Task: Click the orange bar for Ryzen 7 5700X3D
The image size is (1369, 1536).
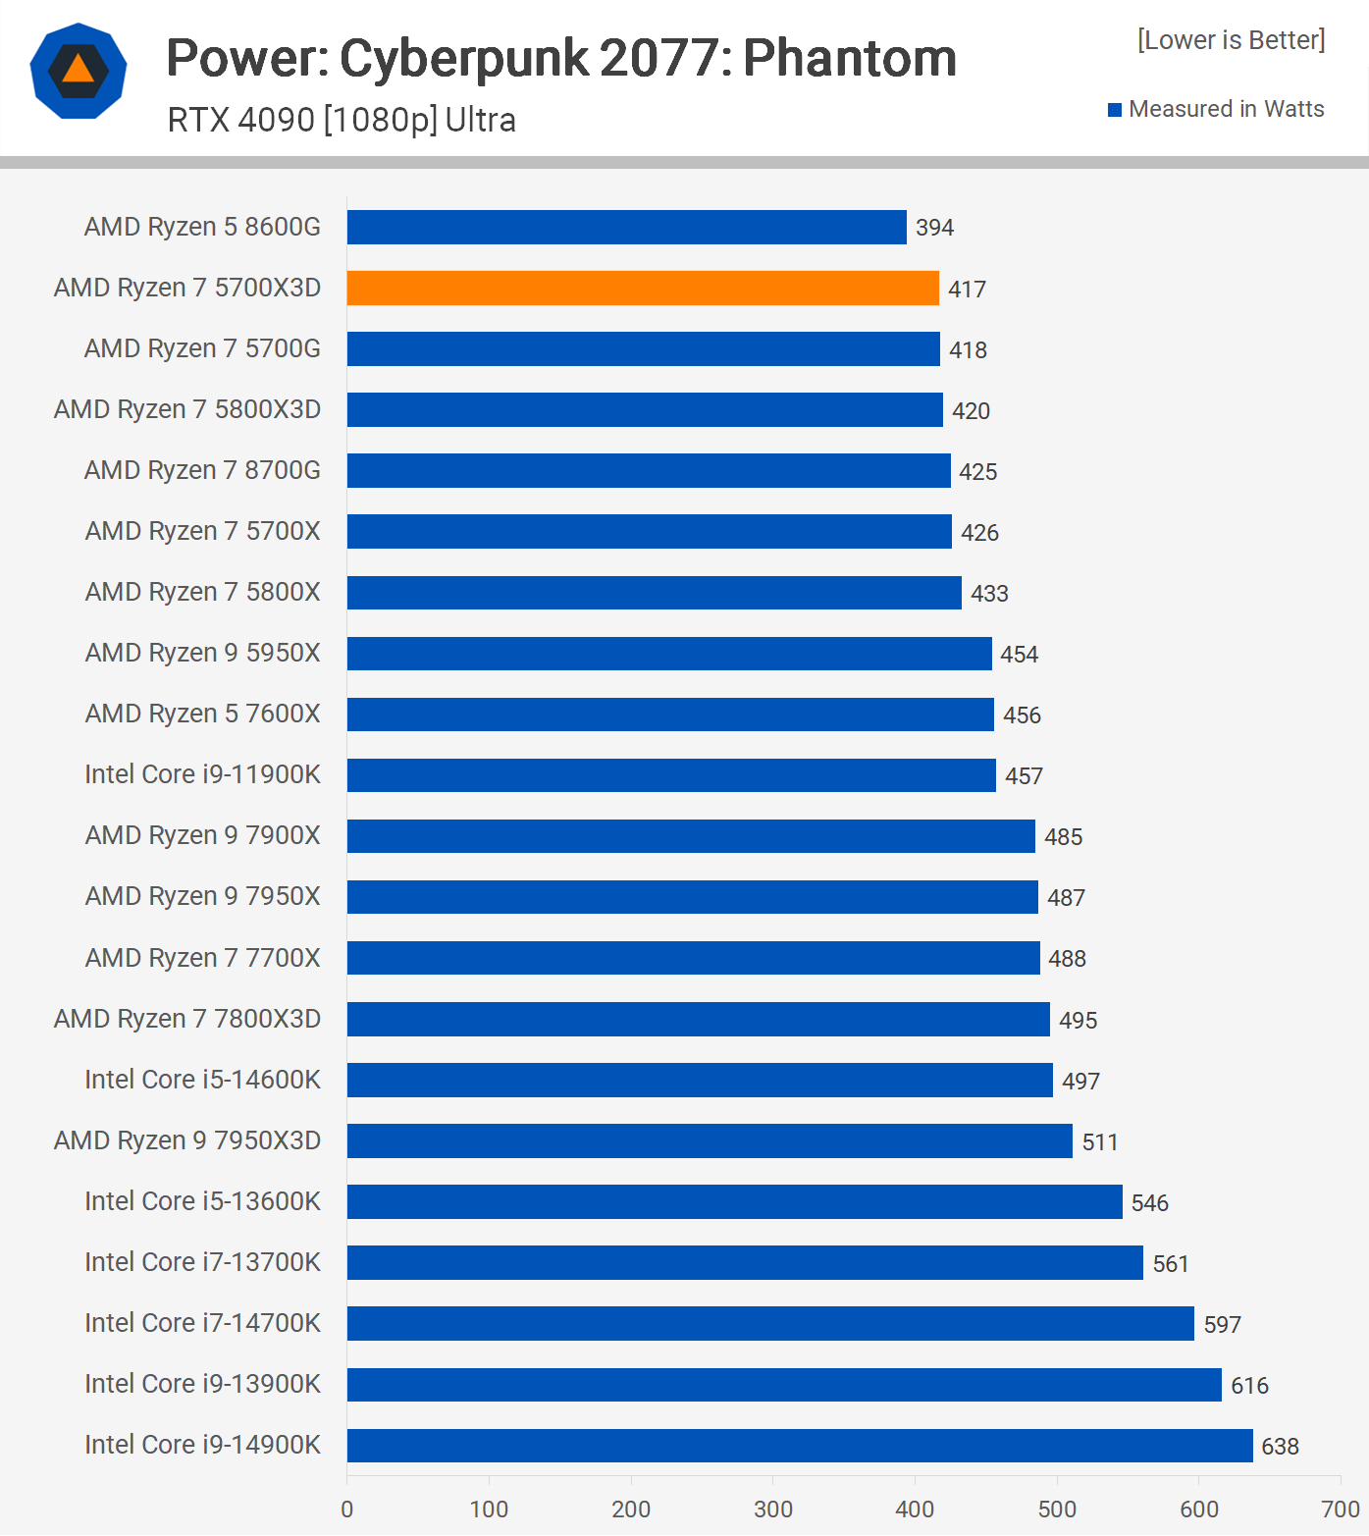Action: pos(643,289)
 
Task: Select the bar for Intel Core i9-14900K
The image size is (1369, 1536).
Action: pos(800,1446)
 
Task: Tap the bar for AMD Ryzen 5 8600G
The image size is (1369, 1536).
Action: pos(626,227)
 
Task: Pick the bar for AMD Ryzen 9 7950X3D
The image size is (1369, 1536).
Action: pos(710,1140)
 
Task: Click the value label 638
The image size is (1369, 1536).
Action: pos(1280,1447)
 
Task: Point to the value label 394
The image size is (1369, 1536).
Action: pos(934,228)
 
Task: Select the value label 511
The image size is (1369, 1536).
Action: pos(1100,1142)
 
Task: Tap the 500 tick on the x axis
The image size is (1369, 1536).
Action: pos(1057,1510)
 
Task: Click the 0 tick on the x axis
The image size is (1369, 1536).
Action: pos(346,1510)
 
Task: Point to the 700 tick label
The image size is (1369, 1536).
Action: pos(1341,1510)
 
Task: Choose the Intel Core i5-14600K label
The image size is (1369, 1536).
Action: pos(202,1080)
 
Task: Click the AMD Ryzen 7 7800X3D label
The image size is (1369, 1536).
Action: pos(187,1019)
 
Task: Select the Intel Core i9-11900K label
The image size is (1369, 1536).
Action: pos(202,774)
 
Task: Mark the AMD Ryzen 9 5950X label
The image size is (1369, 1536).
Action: pos(202,653)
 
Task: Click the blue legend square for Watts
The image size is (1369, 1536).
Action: pos(1115,110)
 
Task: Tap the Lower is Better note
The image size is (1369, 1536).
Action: pos(1231,40)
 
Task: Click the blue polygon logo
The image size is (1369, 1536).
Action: pos(79,71)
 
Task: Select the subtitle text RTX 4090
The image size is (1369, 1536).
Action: pos(241,120)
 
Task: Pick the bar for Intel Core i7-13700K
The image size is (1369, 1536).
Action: pos(745,1262)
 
